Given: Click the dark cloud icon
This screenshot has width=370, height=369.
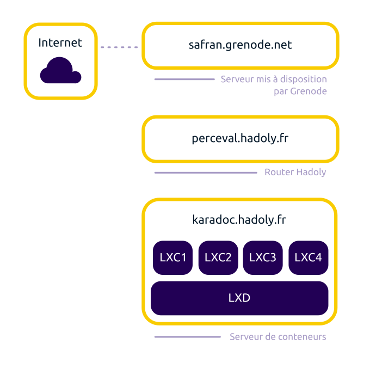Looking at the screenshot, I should (60, 71).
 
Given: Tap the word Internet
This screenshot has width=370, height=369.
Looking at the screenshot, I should (60, 42).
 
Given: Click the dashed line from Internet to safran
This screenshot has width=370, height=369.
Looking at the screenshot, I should (120, 47).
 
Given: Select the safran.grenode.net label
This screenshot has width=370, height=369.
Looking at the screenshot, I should (240, 45).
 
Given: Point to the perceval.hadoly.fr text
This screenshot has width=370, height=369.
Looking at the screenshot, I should (240, 138).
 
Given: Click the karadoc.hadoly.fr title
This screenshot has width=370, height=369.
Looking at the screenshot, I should (239, 220).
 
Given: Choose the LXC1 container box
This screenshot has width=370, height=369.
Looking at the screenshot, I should (173, 257).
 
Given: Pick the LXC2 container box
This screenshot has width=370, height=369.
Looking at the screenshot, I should (218, 257).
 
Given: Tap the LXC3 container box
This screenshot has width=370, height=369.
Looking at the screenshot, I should (263, 257).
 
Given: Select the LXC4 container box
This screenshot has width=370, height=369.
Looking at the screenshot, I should (308, 257).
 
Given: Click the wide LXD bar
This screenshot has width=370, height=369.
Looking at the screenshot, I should (239, 298).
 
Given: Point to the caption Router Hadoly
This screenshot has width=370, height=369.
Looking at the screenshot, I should (295, 173).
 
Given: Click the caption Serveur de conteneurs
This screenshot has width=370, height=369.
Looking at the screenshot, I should (278, 337).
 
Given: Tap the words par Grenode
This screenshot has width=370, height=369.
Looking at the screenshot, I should (300, 91).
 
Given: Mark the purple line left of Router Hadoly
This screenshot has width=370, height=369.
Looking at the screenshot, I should (206, 173).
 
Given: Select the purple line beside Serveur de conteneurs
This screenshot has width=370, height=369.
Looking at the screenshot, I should (187, 337).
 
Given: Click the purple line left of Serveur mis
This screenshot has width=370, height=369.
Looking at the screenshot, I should (184, 79).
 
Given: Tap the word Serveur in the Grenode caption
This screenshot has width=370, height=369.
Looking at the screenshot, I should (237, 79).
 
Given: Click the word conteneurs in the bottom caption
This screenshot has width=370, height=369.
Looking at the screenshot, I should (302, 337).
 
